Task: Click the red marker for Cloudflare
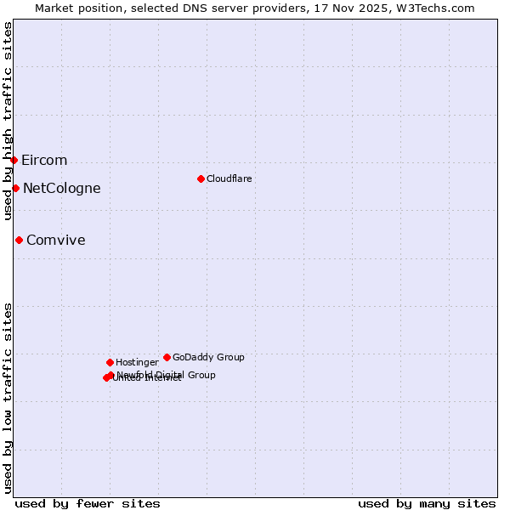(x=201, y=178)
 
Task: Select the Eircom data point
(x=14, y=160)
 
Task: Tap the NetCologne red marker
(x=15, y=188)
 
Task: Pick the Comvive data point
(x=19, y=240)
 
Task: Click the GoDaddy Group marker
(x=167, y=357)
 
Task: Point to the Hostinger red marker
(x=110, y=362)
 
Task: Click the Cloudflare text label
(x=229, y=178)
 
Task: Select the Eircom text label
(x=44, y=161)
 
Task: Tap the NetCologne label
(x=61, y=189)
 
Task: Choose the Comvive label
(x=56, y=241)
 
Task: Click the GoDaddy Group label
(x=208, y=358)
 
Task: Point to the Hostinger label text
(x=137, y=363)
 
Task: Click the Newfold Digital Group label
(x=167, y=375)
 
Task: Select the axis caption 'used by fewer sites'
(x=88, y=503)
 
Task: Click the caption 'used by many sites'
(x=427, y=503)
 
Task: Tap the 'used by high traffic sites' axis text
(x=8, y=122)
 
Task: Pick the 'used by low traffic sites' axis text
(x=8, y=397)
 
